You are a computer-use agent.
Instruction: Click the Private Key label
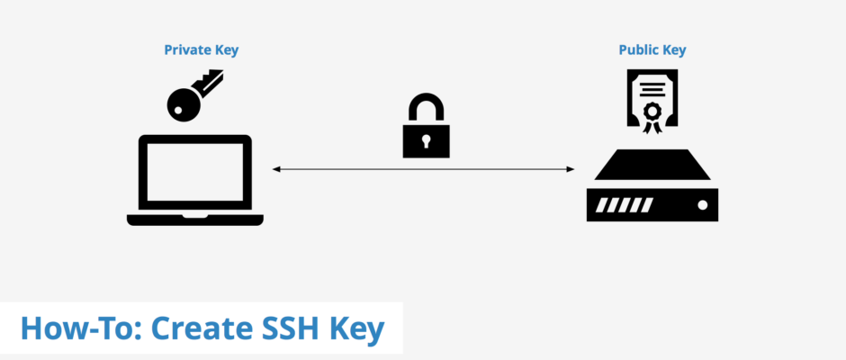click(202, 50)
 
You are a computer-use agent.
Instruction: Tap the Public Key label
click(652, 50)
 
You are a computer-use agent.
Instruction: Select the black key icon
click(194, 95)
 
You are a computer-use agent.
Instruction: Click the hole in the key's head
click(178, 110)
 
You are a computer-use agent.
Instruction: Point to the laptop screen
click(194, 176)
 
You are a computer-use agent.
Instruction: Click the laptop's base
click(194, 220)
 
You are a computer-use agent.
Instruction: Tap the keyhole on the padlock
click(427, 141)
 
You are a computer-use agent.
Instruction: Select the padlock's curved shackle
click(427, 107)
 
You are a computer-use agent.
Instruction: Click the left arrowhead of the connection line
click(275, 169)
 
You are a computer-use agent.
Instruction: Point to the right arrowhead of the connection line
click(571, 169)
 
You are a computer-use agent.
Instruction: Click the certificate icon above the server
click(652, 102)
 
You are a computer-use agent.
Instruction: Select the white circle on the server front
click(702, 205)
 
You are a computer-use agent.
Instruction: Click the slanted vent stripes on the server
click(625, 205)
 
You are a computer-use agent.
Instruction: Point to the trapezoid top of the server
click(652, 164)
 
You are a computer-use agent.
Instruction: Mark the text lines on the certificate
click(652, 85)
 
